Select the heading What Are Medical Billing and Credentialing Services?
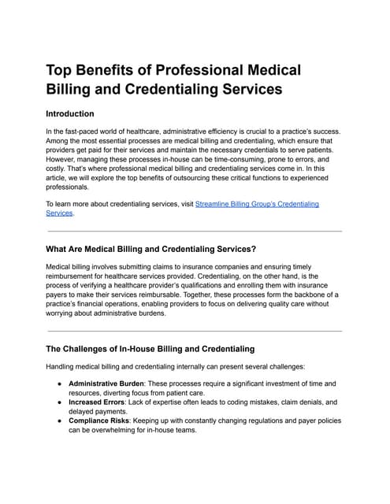pos(150,249)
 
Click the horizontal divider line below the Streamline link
pos(195,231)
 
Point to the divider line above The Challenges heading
pos(195,331)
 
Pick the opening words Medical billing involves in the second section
pos(87,268)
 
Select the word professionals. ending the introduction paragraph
pos(69,187)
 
